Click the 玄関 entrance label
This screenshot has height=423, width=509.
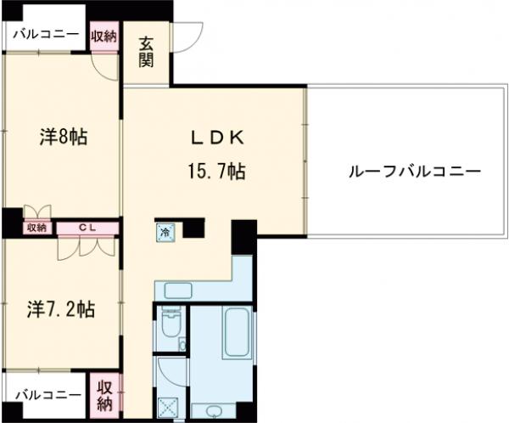click(x=148, y=53)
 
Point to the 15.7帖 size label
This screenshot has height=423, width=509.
click(x=216, y=172)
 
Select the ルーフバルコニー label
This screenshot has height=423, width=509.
click(x=415, y=171)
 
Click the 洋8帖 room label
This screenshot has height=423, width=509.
click(x=64, y=136)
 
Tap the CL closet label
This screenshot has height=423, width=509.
click(x=87, y=227)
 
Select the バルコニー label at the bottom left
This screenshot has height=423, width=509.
click(x=48, y=396)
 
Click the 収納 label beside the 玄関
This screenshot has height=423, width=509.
click(x=104, y=36)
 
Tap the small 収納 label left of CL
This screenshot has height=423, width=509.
click(x=36, y=227)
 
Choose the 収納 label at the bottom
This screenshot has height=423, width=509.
click(x=104, y=396)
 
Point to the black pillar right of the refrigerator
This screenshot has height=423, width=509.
click(x=194, y=227)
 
